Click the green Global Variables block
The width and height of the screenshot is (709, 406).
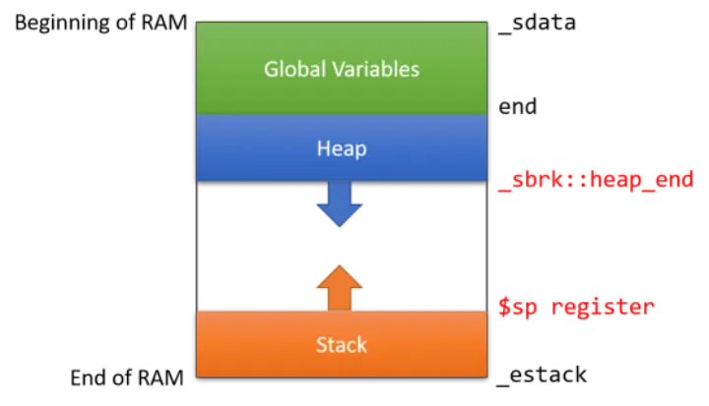[x=342, y=68]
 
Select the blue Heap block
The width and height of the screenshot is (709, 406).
[x=342, y=148]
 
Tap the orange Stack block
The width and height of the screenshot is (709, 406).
[x=342, y=344]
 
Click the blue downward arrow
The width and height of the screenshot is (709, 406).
[x=340, y=204]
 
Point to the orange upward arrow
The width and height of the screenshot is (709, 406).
[x=340, y=288]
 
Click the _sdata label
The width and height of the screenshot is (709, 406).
[x=537, y=23]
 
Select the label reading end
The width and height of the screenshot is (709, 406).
[x=518, y=106]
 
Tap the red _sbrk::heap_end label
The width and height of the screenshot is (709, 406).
[x=596, y=180]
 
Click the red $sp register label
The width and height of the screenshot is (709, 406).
[x=576, y=307]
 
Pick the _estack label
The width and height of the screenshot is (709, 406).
[x=542, y=375]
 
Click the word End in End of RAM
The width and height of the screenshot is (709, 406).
[x=89, y=377]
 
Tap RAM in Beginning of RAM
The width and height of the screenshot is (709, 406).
[x=164, y=23]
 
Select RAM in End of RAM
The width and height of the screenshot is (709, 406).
[x=161, y=377]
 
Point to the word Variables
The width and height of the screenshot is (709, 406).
[x=376, y=69]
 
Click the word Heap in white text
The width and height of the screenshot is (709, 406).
[x=342, y=148]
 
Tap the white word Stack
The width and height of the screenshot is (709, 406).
[x=342, y=345]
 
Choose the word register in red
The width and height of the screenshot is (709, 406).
[x=603, y=308]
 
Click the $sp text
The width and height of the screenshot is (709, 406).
[x=518, y=308]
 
